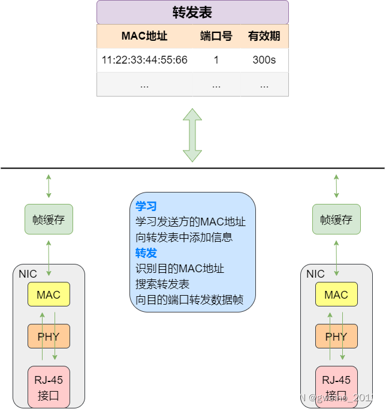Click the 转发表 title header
(x=192, y=13)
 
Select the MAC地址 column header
(x=144, y=36)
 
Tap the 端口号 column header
(x=216, y=36)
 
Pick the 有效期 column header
(x=264, y=36)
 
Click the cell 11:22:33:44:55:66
(x=144, y=60)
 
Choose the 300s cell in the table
(x=264, y=60)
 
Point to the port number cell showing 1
(x=216, y=60)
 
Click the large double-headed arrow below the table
(x=192, y=135)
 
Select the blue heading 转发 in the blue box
(x=146, y=252)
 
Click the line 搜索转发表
(x=162, y=284)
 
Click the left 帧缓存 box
(x=49, y=219)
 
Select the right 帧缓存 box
(x=336, y=219)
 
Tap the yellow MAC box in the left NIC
(x=49, y=294)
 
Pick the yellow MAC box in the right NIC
(x=336, y=294)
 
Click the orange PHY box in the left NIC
(x=49, y=336)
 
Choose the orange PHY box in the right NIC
(x=336, y=336)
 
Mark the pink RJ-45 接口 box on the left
(x=49, y=387)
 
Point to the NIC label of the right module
(x=315, y=274)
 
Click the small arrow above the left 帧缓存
(x=49, y=186)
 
